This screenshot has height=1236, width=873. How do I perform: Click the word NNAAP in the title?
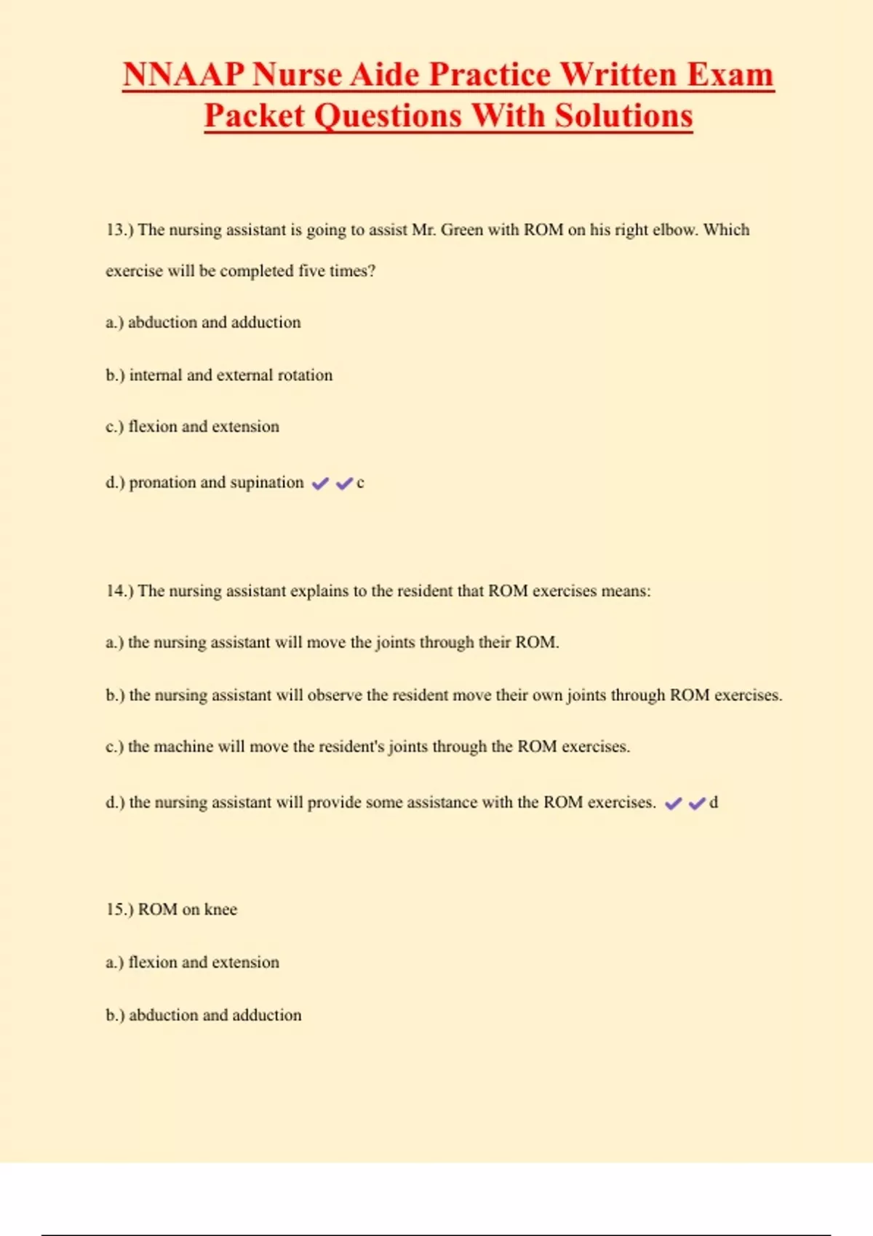[x=182, y=75]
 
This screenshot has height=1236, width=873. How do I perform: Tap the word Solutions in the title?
[x=623, y=116]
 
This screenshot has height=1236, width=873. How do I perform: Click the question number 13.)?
[x=119, y=230]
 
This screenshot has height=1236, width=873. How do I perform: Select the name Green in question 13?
[x=461, y=230]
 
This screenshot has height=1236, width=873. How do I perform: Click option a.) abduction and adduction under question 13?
[x=203, y=322]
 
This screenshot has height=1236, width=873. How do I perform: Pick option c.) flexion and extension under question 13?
[x=192, y=427]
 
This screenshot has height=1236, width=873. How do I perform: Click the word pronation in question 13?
[x=162, y=483]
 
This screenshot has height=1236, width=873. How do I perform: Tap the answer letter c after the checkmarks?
[x=360, y=483]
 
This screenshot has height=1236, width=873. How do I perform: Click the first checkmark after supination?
[x=320, y=483]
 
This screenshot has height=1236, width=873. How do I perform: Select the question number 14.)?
[x=119, y=591]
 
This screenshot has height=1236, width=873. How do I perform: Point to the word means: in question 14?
[x=626, y=591]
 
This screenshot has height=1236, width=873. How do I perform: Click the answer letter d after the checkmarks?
[x=714, y=803]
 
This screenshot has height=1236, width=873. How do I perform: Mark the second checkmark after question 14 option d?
[x=697, y=803]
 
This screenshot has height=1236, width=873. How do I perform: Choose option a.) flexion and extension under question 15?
[x=192, y=963]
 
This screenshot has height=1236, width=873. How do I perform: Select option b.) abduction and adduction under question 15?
[x=203, y=1015]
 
